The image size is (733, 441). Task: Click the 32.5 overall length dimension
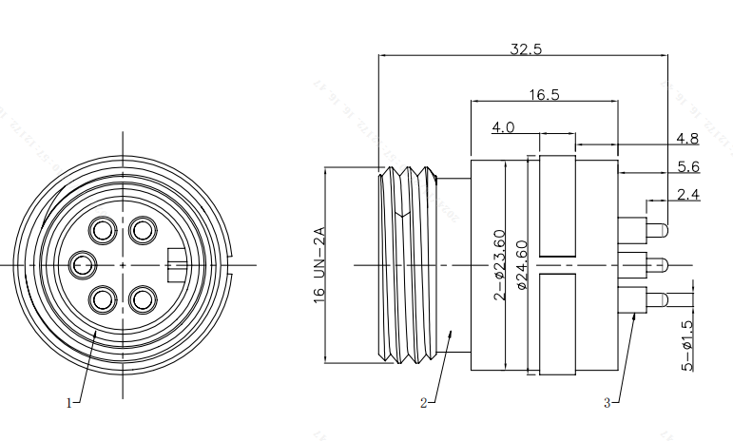[525, 49]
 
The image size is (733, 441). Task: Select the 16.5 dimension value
[544, 94]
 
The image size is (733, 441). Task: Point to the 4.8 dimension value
[687, 139]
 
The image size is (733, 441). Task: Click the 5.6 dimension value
[687, 166]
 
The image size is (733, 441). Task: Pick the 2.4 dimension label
[687, 195]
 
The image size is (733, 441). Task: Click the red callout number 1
[68, 403]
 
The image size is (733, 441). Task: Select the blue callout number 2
[423, 403]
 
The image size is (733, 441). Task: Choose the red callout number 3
[607, 403]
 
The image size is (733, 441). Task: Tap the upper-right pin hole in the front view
[143, 229]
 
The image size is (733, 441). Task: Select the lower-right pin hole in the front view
[143, 299]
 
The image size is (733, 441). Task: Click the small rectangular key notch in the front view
[176, 263]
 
